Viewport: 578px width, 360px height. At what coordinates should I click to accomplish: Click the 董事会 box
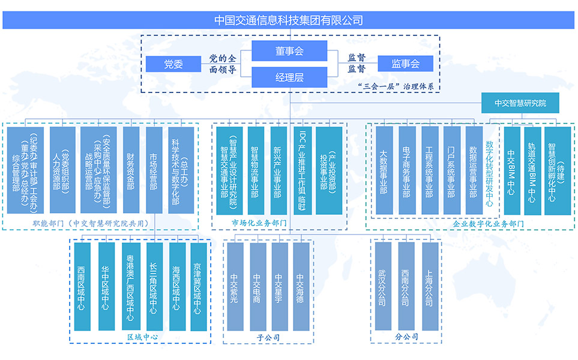click(289, 51)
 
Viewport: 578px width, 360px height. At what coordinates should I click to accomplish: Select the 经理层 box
click(289, 77)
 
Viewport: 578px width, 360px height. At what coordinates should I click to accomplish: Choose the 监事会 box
click(405, 63)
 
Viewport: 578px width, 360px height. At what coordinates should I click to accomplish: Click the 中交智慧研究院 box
click(520, 103)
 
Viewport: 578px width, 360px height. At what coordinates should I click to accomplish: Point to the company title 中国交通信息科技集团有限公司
click(289, 20)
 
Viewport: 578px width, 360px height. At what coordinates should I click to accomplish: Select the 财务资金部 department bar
click(130, 170)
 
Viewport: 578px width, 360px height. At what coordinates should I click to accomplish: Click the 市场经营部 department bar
click(154, 170)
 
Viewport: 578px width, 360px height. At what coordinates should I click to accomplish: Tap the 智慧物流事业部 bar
click(255, 170)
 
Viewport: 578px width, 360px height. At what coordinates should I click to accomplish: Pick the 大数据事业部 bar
click(384, 170)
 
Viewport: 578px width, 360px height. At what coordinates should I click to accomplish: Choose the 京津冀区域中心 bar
click(198, 286)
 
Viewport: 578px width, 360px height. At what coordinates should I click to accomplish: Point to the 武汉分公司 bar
click(382, 286)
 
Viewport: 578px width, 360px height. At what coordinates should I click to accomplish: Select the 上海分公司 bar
click(430, 286)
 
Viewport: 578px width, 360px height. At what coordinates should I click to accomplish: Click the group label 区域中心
click(142, 337)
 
